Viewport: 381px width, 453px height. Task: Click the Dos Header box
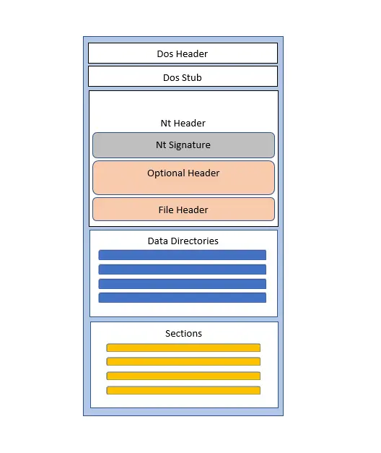[183, 53]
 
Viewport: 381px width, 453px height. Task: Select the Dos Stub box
[183, 77]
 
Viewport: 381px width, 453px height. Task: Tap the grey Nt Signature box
[183, 145]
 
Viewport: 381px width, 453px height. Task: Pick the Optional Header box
[183, 178]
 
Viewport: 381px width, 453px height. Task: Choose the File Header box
[183, 210]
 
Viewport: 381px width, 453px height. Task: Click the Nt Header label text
[183, 123]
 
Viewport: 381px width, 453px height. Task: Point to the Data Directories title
[183, 241]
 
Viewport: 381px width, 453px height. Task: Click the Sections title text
[183, 333]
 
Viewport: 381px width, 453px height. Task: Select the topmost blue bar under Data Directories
[183, 255]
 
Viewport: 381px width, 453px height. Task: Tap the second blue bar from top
[183, 269]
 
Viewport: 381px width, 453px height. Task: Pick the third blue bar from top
[183, 284]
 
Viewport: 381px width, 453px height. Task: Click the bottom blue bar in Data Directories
[183, 298]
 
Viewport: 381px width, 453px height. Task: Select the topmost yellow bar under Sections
[183, 348]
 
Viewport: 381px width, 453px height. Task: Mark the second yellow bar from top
[183, 361]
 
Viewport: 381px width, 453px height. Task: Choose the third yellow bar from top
[183, 376]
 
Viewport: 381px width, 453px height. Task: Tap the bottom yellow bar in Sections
[183, 390]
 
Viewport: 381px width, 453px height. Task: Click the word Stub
[190, 77]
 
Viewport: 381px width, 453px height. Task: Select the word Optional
[166, 173]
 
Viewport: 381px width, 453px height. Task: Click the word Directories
[195, 241]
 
